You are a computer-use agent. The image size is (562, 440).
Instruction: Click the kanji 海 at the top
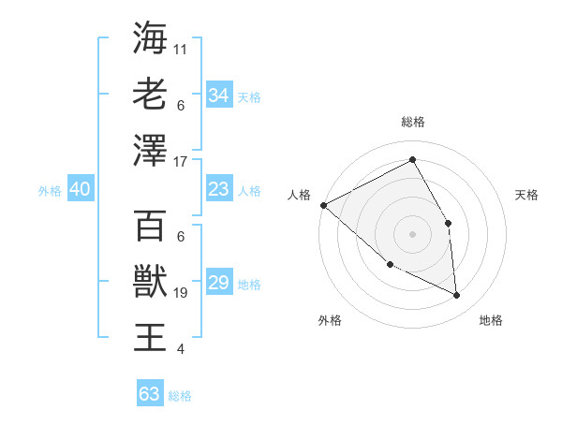150,38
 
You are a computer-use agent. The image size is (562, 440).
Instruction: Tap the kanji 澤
150,150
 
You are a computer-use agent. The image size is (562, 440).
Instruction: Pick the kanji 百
150,225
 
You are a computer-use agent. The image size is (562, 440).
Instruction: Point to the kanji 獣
150,280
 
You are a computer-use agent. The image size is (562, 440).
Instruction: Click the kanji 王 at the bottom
150,336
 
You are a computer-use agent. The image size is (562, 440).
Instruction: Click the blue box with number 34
218,95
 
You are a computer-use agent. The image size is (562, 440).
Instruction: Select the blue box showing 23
218,189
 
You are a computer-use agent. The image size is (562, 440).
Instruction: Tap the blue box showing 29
218,283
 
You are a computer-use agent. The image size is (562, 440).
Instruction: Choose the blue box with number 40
80,189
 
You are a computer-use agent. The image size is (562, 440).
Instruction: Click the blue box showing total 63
149,394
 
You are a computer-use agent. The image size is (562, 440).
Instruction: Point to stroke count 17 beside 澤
182,162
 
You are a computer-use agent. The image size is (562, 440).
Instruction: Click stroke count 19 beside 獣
182,293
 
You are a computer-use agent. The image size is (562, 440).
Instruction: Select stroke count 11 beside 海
182,49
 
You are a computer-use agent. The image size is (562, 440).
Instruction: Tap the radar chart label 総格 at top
412,122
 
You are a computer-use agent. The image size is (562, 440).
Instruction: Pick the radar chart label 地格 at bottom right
491,320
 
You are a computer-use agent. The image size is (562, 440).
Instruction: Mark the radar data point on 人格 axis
323,205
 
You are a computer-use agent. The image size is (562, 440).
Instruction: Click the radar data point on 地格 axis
456,295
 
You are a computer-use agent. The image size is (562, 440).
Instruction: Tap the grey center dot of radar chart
412,234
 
